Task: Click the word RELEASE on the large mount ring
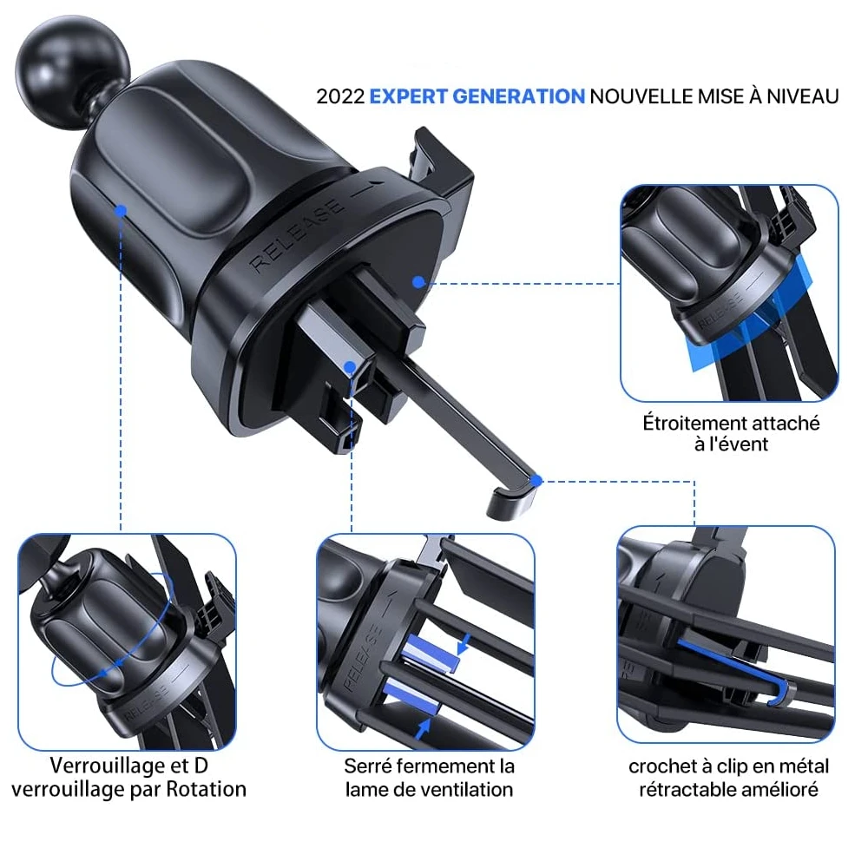pos(296,234)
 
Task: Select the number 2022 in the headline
pos(340,97)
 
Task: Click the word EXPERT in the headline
pos(409,97)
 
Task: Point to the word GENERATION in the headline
pos(519,97)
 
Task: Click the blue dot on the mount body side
pos(122,210)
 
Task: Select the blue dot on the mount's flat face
pos(418,282)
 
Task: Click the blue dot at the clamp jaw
pos(350,366)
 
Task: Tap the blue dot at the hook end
pos(536,481)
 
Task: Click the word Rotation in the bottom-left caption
pos(207,789)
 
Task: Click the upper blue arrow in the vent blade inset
pos(464,643)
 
